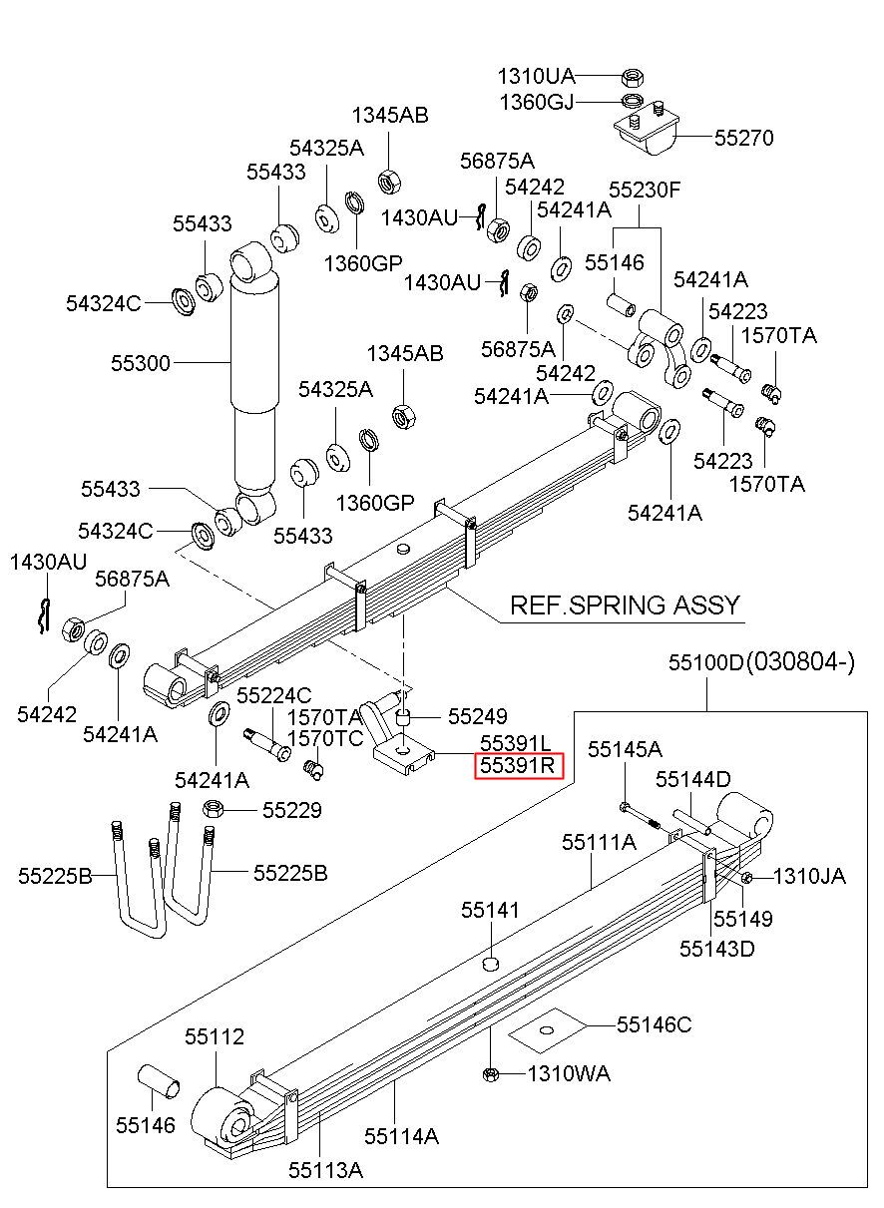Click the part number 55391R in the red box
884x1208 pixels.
point(517,765)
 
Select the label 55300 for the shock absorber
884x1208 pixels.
point(141,363)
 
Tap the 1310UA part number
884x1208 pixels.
point(536,77)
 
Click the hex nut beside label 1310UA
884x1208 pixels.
point(631,78)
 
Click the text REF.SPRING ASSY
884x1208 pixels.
point(625,605)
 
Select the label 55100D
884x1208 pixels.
point(706,662)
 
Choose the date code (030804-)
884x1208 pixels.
point(801,661)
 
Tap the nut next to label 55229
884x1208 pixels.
point(212,809)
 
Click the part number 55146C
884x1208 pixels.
point(654,1024)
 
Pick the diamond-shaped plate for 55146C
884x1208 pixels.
point(547,1030)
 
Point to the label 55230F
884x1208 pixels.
point(645,190)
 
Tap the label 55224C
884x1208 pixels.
point(274,695)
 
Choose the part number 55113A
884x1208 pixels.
point(325,1170)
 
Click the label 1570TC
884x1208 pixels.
point(324,738)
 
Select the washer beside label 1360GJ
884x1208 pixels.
point(633,101)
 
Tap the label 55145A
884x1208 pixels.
point(625,749)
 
